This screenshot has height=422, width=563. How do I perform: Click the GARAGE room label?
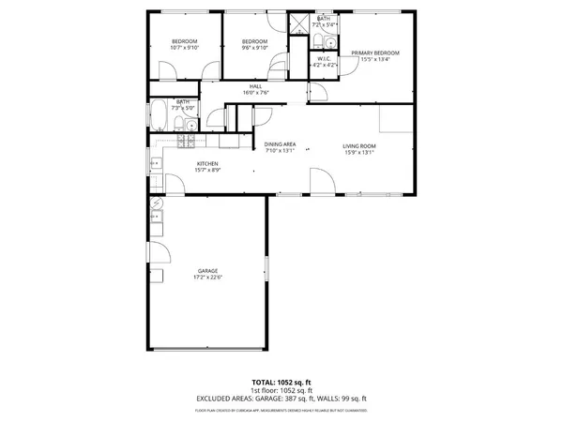pos(208,270)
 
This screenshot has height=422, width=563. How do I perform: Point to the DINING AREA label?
pos(280,143)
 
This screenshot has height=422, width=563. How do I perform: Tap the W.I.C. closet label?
pos(325,58)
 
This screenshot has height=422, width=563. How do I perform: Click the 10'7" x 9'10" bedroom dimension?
pos(185,48)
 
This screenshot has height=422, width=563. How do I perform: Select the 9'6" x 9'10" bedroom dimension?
pos(254,48)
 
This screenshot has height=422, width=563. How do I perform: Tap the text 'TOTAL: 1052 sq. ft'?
pos(281,383)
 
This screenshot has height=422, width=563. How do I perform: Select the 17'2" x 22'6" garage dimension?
pos(208,277)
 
